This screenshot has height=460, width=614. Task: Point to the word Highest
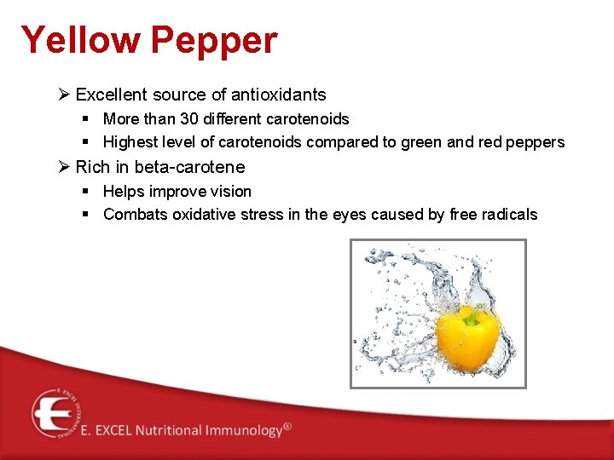131,142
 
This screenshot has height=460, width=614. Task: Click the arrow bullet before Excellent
64,95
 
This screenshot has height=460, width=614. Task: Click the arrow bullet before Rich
64,167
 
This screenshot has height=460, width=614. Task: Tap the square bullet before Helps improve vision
87,192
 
